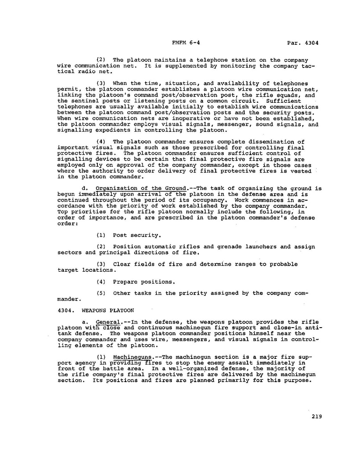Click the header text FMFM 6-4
tap(185, 43)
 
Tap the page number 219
tap(317, 417)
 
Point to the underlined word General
tap(107, 322)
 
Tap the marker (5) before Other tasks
tap(101, 293)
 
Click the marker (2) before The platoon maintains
tap(101, 60)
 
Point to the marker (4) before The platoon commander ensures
tap(101, 142)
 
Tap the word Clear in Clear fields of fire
tap(122, 264)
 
